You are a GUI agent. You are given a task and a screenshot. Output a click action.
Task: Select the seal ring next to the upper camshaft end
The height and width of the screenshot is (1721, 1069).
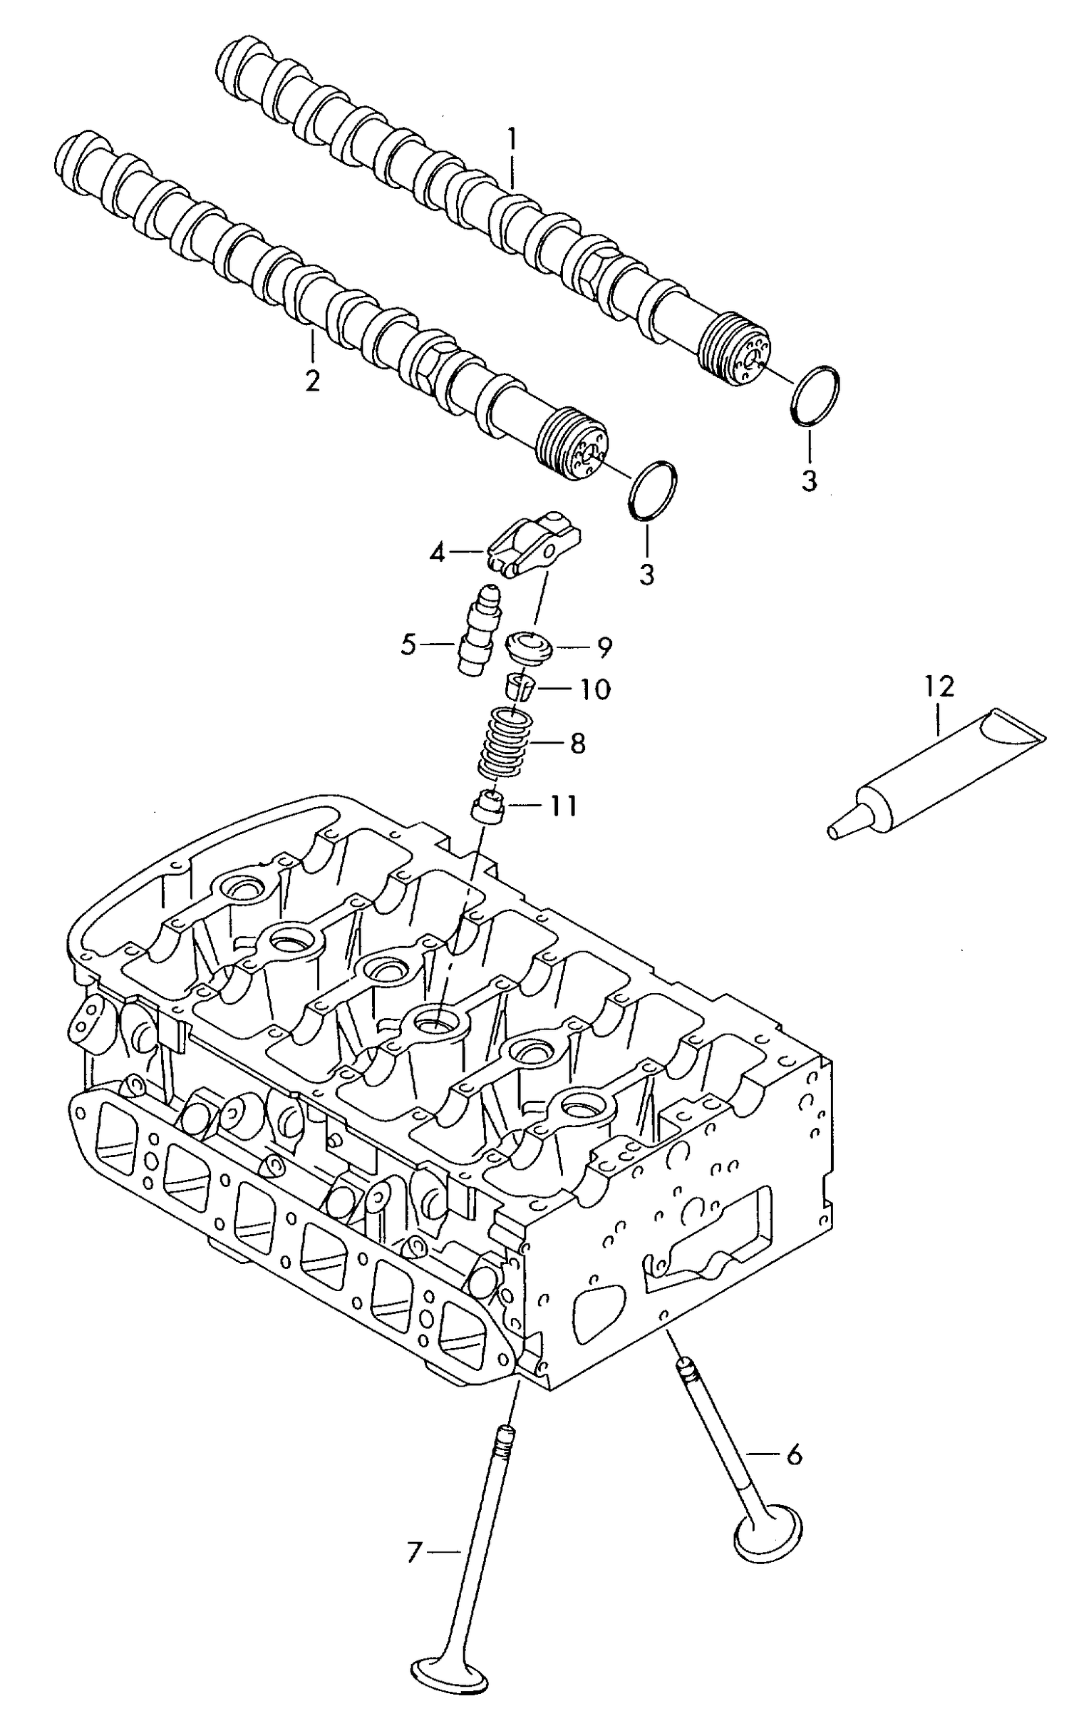(816, 396)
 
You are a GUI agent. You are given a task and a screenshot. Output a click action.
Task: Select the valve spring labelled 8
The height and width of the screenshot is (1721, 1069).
(505, 744)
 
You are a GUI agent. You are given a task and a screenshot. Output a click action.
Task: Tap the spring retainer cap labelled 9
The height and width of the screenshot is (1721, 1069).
(530, 646)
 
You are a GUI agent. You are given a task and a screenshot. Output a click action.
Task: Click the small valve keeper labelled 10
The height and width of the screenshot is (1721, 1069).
(519, 688)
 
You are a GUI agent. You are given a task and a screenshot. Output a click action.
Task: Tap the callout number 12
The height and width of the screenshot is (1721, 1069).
(939, 687)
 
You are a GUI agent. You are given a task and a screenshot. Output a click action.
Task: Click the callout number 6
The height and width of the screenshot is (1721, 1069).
(794, 1454)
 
